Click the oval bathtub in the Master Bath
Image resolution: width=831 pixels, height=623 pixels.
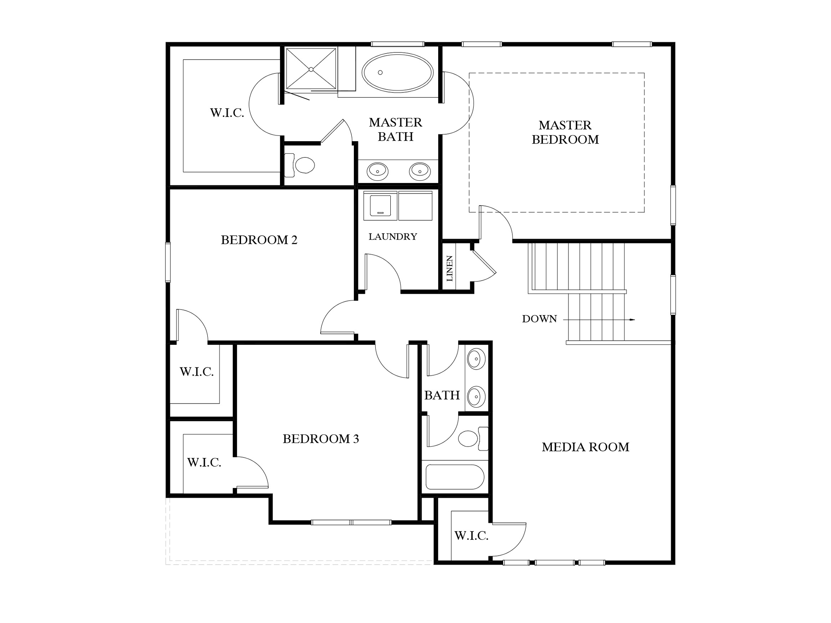pos(397,73)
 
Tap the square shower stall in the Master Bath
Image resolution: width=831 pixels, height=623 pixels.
pos(311,69)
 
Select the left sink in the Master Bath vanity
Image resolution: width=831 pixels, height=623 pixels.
pos(377,171)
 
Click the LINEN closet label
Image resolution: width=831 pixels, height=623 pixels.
pos(450,269)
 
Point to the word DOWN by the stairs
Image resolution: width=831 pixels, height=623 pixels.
pos(539,319)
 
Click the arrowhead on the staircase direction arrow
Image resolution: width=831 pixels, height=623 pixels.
pos(632,320)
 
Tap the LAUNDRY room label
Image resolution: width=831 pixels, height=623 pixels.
pos(392,236)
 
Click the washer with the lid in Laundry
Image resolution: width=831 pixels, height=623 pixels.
pos(380,206)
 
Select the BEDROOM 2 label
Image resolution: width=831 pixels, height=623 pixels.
pos(259,240)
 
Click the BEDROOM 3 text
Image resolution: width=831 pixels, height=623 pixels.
pos(321,439)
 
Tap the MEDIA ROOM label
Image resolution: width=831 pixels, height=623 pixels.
pos(585,447)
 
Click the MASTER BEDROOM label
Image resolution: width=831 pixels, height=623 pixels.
pos(565,132)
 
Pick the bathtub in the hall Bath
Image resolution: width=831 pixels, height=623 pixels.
pos(454,477)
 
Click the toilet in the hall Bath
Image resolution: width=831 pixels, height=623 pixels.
pos(469,438)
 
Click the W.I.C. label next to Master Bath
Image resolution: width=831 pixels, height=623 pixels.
pos(227,113)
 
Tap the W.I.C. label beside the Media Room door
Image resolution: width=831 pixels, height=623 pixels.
pos(471,536)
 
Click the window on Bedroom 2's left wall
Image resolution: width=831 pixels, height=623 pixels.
pos(168,262)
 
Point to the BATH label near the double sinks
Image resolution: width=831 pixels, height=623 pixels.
pos(441,395)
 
